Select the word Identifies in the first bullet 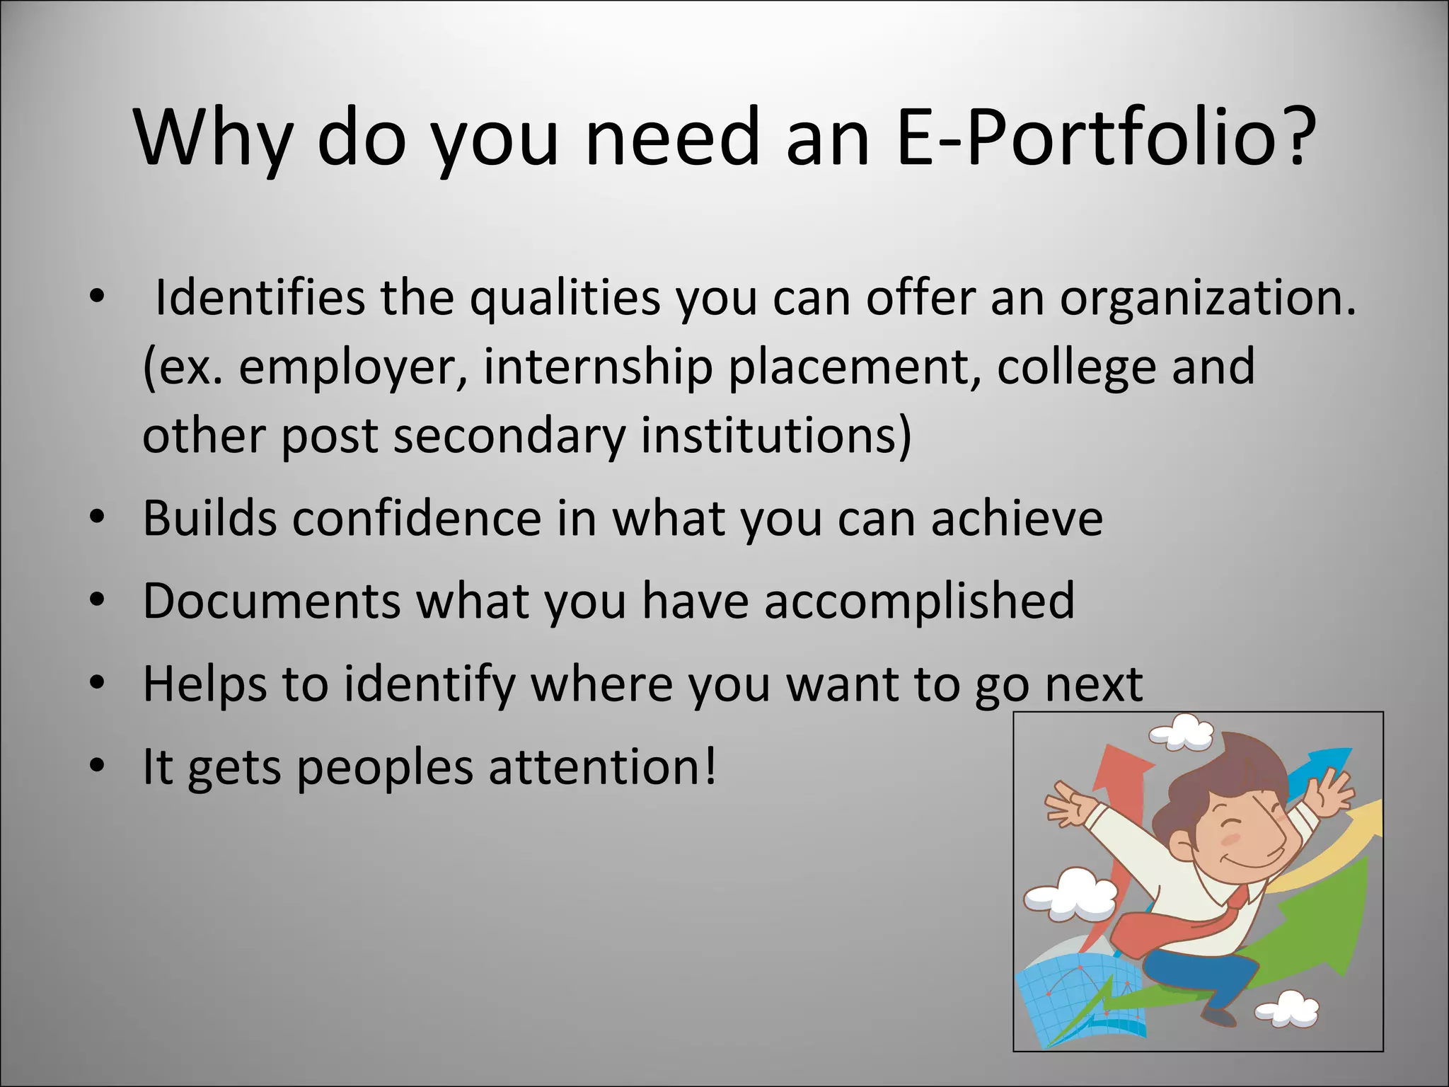coord(260,298)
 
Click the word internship coord(598,367)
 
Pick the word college coord(1075,367)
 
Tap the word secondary coord(509,435)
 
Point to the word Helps coord(204,684)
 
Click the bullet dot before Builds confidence coord(98,519)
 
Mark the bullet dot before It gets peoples coord(98,767)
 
